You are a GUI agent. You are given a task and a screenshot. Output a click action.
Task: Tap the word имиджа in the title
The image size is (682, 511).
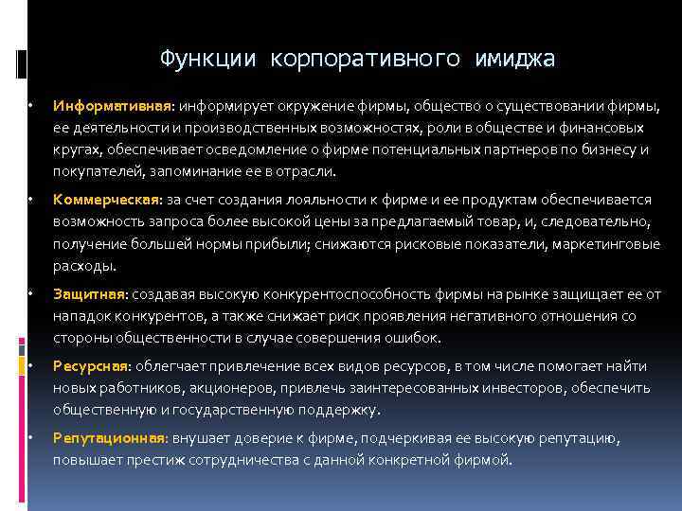coord(509,59)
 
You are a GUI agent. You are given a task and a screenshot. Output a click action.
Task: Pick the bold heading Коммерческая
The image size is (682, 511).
coord(108,199)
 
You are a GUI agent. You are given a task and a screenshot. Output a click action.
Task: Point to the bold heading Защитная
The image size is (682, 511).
coord(90,293)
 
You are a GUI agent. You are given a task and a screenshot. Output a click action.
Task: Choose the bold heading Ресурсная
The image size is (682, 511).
coord(93,366)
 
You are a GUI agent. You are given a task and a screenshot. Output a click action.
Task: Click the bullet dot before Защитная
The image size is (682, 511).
coord(31,293)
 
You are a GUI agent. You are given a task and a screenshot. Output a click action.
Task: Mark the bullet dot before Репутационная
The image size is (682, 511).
coord(31,438)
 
